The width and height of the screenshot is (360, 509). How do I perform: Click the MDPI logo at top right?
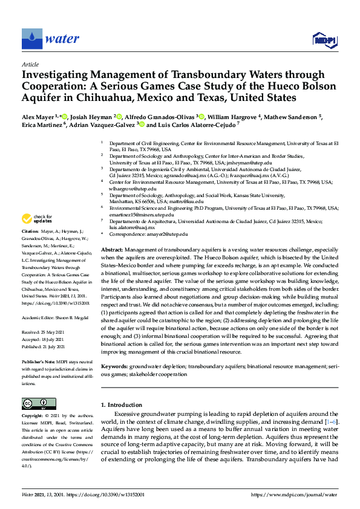tap(323, 40)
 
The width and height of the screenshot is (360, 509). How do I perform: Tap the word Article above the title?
tap(30, 65)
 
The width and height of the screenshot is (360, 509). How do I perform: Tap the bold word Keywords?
tap(115, 366)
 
